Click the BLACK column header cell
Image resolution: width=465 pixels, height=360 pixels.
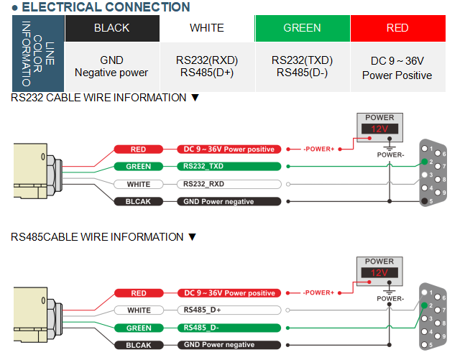[x=112, y=28]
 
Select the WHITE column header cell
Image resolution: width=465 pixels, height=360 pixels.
[x=207, y=28]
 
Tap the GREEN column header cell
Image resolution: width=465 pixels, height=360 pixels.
[x=302, y=28]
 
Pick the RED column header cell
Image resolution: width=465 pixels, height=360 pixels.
[x=397, y=28]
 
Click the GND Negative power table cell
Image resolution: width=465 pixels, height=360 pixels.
[x=111, y=66]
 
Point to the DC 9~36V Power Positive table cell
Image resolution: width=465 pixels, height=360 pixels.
[x=397, y=68]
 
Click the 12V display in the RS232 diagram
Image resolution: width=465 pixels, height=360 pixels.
[x=379, y=129]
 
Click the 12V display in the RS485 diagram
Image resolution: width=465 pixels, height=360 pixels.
[x=379, y=273]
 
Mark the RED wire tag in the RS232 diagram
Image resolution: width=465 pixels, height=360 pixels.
[x=139, y=149]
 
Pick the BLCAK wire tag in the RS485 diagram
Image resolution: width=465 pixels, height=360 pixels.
[x=139, y=345]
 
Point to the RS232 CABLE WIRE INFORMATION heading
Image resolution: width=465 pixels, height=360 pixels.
[x=104, y=98]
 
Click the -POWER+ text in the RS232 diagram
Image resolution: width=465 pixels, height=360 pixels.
[x=318, y=149]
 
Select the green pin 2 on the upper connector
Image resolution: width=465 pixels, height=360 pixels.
[x=425, y=162]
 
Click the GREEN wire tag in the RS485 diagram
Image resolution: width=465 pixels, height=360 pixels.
[x=139, y=328]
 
